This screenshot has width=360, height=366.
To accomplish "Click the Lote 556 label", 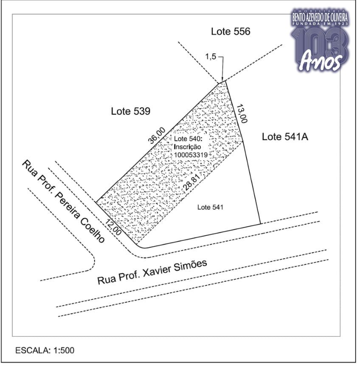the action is click(231, 31).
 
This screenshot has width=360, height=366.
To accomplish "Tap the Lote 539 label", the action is click(130, 111).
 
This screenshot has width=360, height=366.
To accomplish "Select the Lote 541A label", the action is click(285, 137).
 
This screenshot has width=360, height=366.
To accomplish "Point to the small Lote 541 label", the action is click(210, 207).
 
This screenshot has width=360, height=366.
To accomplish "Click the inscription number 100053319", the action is click(191, 155).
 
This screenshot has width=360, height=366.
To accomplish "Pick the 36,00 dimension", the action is click(157, 135).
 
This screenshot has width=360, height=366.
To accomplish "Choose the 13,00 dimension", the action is click(242, 114).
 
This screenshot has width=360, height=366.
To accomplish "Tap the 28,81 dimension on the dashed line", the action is click(191, 183).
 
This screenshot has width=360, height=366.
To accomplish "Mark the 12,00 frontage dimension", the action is click(113, 227).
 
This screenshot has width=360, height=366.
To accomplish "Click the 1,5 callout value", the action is click(211, 56).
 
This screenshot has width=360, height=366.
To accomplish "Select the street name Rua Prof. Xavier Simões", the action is click(152, 272).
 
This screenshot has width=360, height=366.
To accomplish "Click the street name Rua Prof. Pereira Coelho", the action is click(63, 201).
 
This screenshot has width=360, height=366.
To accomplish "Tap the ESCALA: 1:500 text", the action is click(45, 350).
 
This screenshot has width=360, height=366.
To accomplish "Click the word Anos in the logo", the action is click(321, 60).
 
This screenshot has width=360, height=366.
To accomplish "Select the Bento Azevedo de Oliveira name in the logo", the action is click(320, 17).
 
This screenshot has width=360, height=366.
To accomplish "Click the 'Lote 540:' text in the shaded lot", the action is click(188, 139).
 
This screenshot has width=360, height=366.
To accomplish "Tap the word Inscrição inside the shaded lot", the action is click(187, 147).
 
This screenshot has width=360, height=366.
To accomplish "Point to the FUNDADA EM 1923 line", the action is click(320, 24).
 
